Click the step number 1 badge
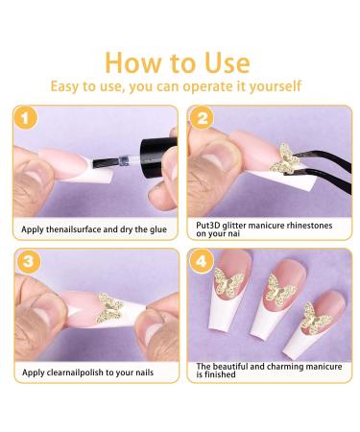click(x=25, y=118)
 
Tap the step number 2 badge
click(x=202, y=118)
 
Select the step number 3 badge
click(x=28, y=261)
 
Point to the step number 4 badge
click(x=201, y=261)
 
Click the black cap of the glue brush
click(x=157, y=154)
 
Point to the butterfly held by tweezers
click(x=284, y=157)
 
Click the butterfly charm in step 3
click(x=109, y=307)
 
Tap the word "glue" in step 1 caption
click(x=158, y=229)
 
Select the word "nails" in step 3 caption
click(x=145, y=372)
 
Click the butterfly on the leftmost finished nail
click(x=228, y=281)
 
